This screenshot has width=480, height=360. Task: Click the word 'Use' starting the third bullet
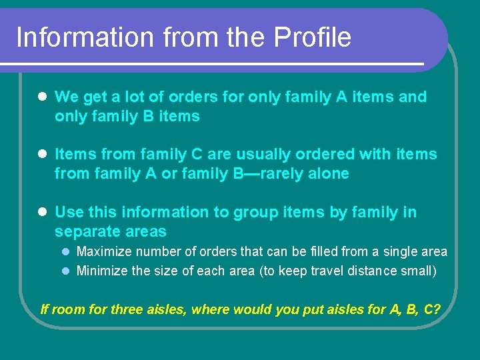(x=69, y=213)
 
